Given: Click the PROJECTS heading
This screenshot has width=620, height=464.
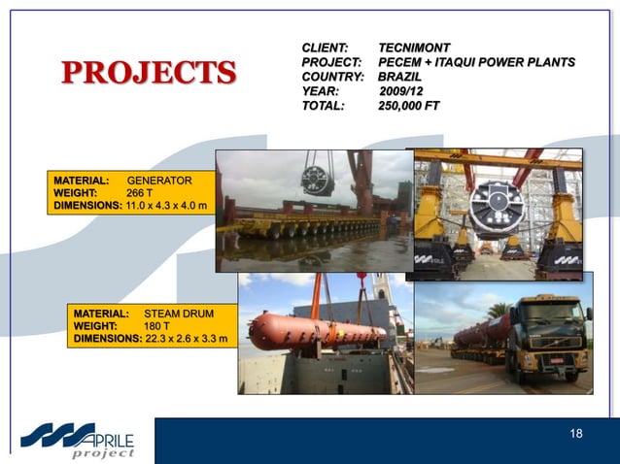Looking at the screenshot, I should click(149, 72).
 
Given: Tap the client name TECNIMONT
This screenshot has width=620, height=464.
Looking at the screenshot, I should click(414, 47).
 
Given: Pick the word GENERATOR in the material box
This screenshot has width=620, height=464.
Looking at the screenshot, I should click(159, 181).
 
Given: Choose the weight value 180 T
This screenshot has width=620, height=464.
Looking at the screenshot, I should click(157, 326).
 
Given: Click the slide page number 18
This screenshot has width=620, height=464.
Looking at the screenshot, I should click(576, 433).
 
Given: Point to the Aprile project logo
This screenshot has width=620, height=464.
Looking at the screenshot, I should click(78, 439).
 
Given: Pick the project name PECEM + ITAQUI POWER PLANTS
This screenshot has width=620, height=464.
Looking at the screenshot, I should click(476, 61).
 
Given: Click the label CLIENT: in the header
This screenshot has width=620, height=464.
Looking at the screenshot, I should click(325, 47).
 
